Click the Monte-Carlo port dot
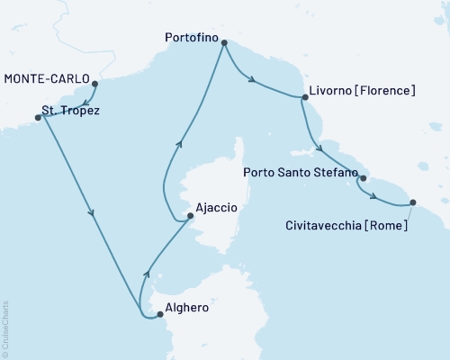tap(95, 85)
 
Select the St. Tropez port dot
tap(38, 117)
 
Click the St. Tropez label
tap(71, 112)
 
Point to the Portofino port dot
tap(224, 41)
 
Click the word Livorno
tap(334, 91)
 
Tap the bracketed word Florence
tap(387, 91)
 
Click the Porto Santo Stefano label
tap(301, 171)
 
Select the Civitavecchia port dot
tap(412, 202)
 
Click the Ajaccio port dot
tap(189, 215)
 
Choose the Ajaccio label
tap(217, 208)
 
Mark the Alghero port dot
tap(159, 314)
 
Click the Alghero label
tap(188, 307)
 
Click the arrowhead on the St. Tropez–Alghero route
tap(93, 213)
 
